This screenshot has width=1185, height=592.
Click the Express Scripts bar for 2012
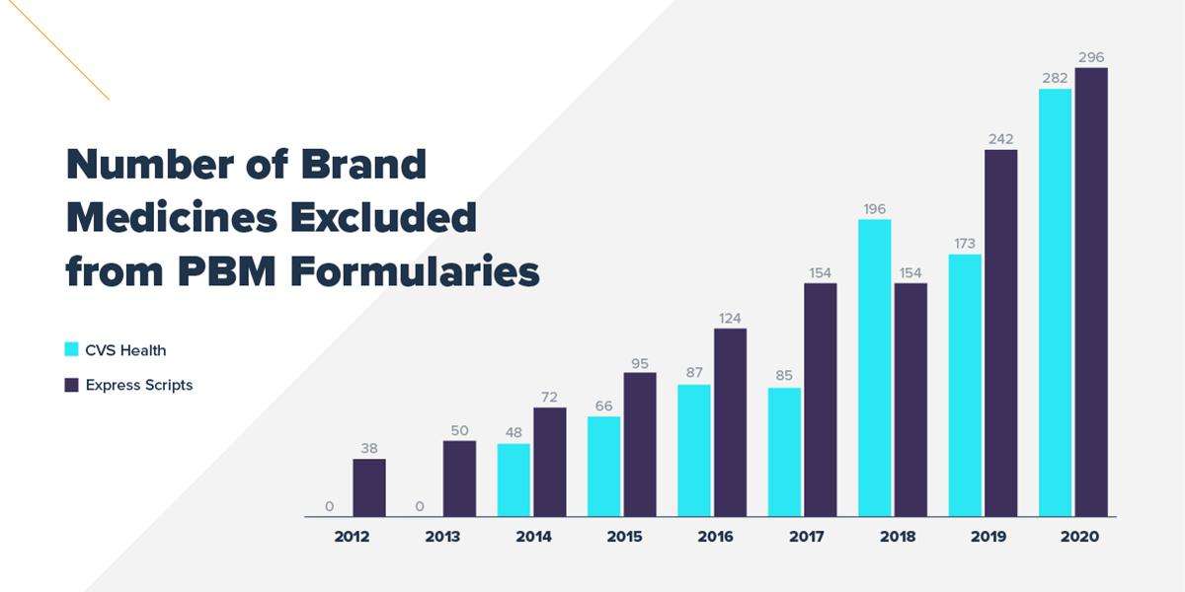coord(369,487)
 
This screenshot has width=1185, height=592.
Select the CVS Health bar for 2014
coord(513,480)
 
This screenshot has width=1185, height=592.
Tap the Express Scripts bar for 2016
coord(731,422)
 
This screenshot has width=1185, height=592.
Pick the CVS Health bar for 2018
coord(875,368)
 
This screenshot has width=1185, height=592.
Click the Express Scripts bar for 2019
coord(1001,333)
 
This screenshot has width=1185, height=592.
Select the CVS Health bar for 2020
coord(1056,303)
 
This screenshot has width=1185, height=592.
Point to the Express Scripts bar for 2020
coord(1091,292)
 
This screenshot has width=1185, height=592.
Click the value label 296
coord(1091,56)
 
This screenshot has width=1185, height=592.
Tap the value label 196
coord(875,208)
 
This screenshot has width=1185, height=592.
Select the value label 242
coord(1001,139)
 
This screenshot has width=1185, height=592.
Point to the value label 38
coord(369,448)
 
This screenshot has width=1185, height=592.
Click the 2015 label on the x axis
coord(625,537)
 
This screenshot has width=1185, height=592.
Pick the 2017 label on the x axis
coord(807,537)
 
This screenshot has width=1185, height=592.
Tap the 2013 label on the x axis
coord(443,537)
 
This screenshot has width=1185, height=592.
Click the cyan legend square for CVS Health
coord(71,349)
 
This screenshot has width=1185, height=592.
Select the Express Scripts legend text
coord(139,385)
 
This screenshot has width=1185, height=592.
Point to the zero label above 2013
coord(420,506)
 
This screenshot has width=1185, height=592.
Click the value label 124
coord(731,318)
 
